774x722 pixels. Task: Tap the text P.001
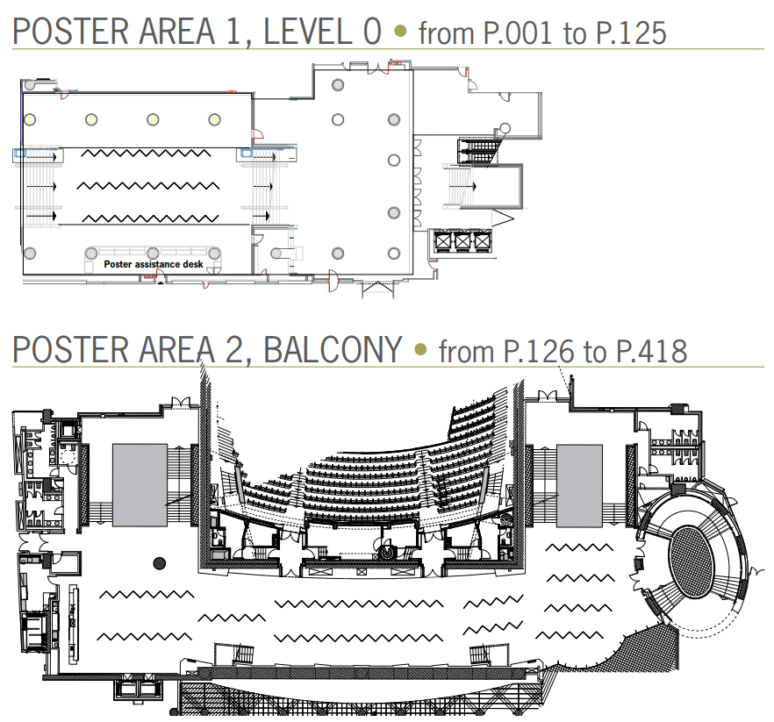(x=520, y=33)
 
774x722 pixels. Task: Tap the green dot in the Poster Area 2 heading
(x=420, y=350)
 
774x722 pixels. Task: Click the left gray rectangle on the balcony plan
(x=140, y=484)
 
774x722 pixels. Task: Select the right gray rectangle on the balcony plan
(x=579, y=484)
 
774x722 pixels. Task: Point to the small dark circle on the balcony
(x=159, y=562)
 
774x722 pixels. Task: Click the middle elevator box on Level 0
(x=461, y=240)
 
